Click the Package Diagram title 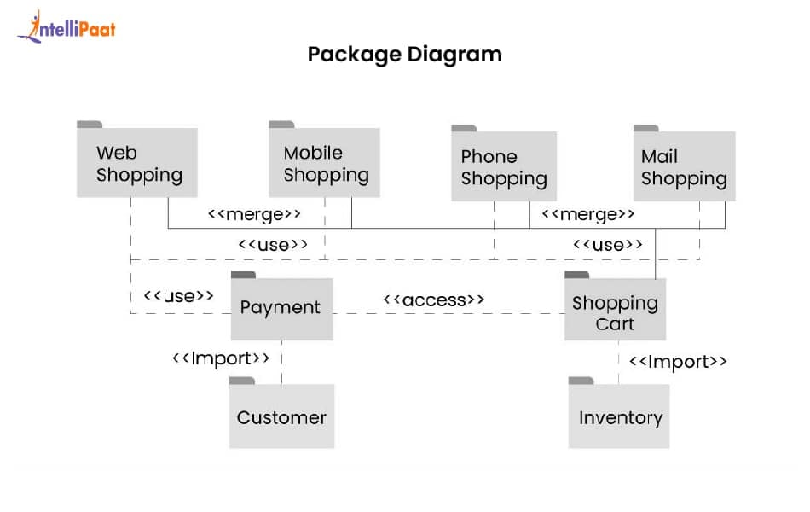click(x=404, y=55)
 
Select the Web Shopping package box click(x=137, y=163)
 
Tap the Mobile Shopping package click(x=325, y=163)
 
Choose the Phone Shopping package click(x=504, y=166)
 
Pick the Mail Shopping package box click(x=684, y=166)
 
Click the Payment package click(x=281, y=308)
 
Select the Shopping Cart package click(x=615, y=312)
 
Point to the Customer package click(x=281, y=417)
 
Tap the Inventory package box click(x=619, y=418)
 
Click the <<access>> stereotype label click(x=434, y=300)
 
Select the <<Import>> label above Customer click(x=221, y=358)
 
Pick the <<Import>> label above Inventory click(x=678, y=362)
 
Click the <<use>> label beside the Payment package click(x=178, y=295)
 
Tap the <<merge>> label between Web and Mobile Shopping click(x=254, y=213)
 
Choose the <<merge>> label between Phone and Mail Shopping click(x=587, y=213)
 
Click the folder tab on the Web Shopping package click(x=90, y=125)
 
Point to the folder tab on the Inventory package click(x=581, y=381)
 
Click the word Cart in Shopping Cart click(x=615, y=324)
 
